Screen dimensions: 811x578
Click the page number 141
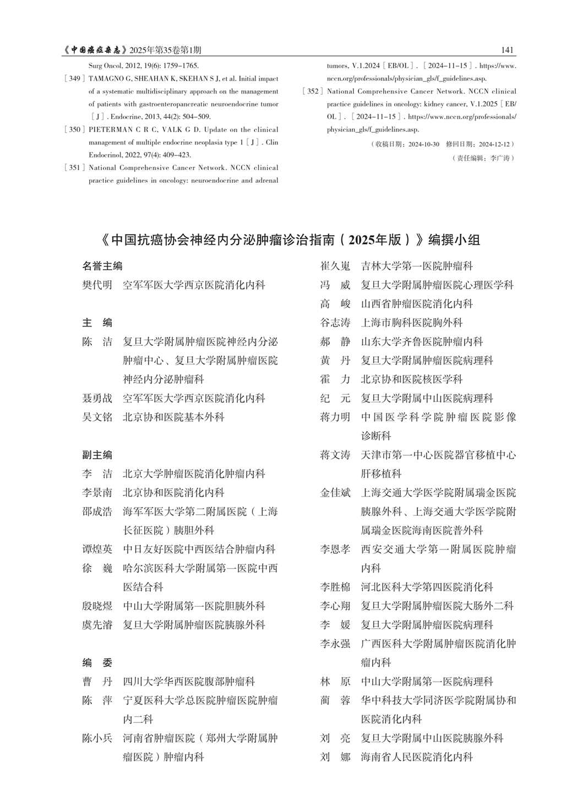tap(508, 50)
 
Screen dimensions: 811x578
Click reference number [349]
tap(74, 79)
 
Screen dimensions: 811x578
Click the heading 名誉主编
tap(102, 266)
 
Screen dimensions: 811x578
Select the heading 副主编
tap(97, 455)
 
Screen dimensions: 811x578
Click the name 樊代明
tap(97, 285)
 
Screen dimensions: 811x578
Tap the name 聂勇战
tap(97, 398)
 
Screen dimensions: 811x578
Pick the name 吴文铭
tap(97, 417)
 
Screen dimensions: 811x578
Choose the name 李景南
tap(97, 493)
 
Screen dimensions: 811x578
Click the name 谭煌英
tap(97, 549)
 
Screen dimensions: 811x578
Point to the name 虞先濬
tap(97, 625)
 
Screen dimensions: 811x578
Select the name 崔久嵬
tap(335, 266)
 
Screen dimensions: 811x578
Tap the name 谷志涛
tap(335, 323)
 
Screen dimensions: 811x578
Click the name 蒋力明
tap(335, 417)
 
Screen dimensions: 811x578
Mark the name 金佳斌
tap(335, 493)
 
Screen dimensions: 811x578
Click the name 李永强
tap(335, 644)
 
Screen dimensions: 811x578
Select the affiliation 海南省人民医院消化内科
tap(417, 757)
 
